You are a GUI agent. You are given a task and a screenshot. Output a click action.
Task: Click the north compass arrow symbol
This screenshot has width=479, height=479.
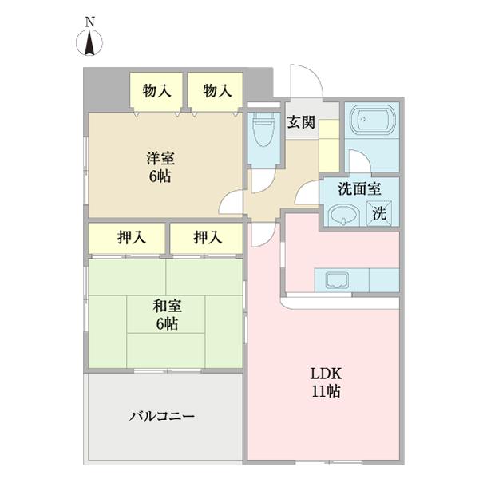[89, 43]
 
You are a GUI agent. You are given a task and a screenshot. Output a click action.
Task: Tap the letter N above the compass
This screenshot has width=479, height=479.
[89, 22]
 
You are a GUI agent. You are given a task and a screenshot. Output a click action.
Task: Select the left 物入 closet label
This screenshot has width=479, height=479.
[156, 91]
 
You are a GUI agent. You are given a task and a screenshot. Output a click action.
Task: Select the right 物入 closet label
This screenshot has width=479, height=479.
[217, 91]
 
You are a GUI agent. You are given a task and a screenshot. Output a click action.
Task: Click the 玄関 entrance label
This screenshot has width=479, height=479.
[301, 122]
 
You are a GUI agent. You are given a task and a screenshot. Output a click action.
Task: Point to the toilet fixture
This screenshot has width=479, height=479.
[264, 129]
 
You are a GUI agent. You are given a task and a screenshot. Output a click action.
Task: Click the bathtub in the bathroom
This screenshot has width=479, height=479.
[372, 120]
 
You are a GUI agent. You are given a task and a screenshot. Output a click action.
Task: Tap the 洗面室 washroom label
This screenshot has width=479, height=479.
[359, 189]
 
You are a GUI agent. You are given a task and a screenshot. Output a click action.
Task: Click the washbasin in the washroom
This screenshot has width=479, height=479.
[344, 215]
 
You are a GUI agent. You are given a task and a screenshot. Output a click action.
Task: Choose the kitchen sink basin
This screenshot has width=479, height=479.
[337, 280]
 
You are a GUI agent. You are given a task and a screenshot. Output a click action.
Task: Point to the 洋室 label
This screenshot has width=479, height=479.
[160, 159]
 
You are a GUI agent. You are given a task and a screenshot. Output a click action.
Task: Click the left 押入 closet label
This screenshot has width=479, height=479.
[132, 237]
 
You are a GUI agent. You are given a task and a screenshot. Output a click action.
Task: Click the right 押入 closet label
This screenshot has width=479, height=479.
[208, 237]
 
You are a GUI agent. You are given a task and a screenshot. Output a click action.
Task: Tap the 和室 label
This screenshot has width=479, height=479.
[167, 306]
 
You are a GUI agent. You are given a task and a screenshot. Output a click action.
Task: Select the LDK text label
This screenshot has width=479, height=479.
[326, 374]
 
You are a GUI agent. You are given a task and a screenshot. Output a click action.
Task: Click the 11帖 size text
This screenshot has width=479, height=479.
[326, 391]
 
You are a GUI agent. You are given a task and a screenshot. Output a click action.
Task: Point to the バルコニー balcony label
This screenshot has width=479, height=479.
[162, 416]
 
